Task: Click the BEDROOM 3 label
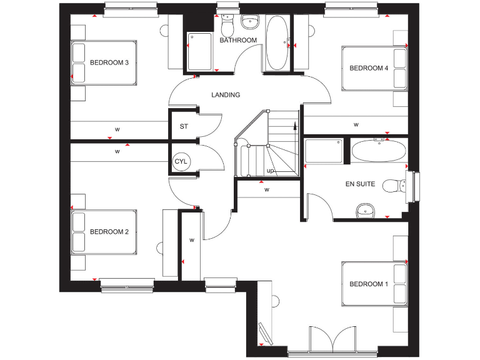[x=109, y=62]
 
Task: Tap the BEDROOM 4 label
[x=369, y=68]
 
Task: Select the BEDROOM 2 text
[x=109, y=232]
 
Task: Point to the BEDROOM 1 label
[x=369, y=284]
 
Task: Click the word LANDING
[x=226, y=95]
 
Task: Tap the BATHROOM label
[x=238, y=41]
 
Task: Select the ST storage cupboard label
[x=184, y=127]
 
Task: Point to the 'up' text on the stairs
[x=270, y=171]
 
